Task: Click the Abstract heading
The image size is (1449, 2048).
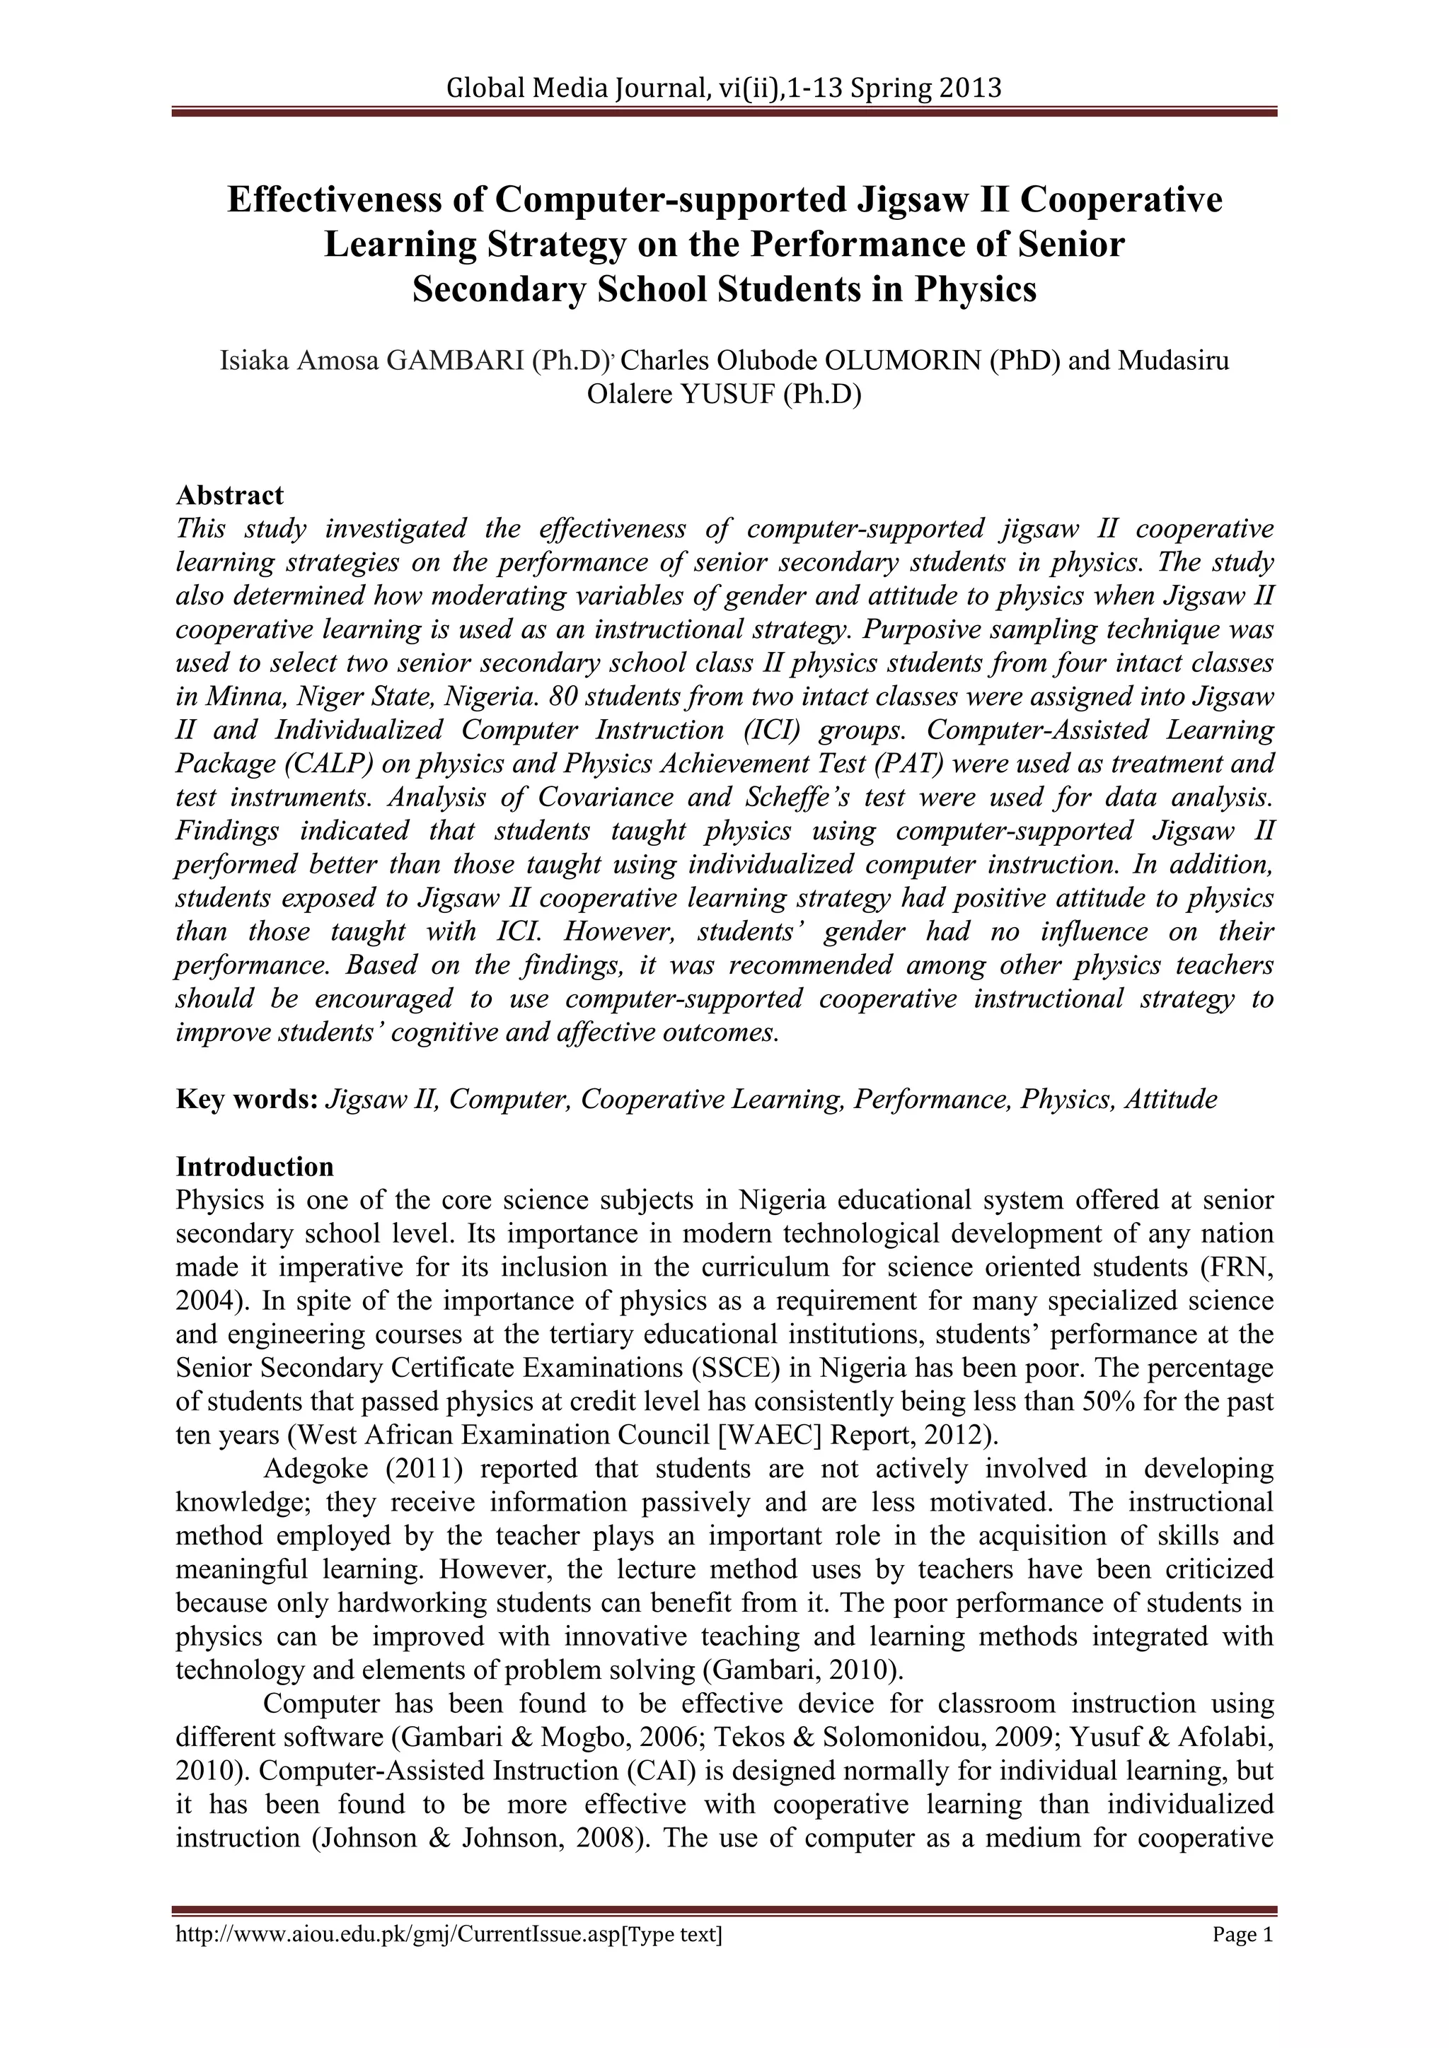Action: (x=229, y=495)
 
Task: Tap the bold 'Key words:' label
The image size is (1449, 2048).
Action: (x=247, y=1099)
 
